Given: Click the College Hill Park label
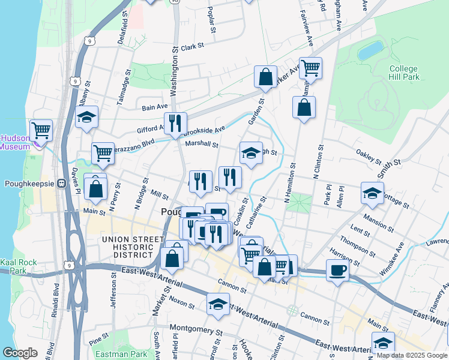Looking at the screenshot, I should coord(403,73).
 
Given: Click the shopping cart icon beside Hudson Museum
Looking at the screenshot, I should coord(41,129).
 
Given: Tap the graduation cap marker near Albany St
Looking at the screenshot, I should coord(87,116).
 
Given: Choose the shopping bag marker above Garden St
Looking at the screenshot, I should coord(265,77).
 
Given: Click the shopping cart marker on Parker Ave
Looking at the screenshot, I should coord(310,68).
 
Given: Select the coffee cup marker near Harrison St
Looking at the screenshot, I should coord(338,270).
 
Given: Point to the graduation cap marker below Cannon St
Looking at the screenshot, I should coord(218,303).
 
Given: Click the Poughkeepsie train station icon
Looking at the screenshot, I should coord(61,184).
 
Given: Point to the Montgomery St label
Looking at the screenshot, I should coord(196,328).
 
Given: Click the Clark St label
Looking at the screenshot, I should coord(193,46).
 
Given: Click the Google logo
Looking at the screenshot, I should coord(20,353).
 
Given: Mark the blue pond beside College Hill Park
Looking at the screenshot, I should coord(371,50).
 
